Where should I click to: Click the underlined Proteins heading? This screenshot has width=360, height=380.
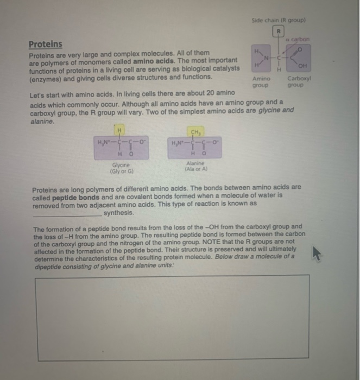(x=45, y=43)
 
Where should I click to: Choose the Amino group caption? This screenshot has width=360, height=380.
(x=261, y=82)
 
